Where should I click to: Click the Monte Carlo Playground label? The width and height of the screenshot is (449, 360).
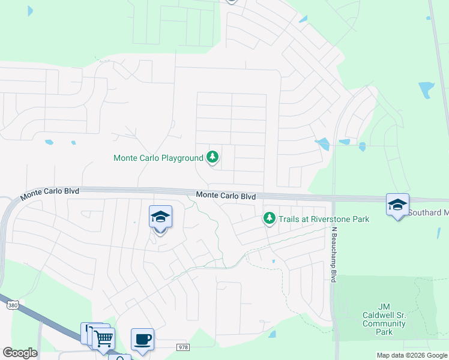(158, 158)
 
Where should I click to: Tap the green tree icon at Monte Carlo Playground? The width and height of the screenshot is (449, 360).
(212, 158)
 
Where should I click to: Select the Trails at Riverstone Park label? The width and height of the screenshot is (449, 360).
(324, 219)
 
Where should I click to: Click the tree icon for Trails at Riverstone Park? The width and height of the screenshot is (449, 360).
(270, 218)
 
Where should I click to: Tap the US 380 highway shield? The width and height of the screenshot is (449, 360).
(11, 305)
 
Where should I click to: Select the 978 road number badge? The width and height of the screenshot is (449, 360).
(183, 347)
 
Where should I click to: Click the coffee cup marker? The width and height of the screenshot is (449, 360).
(142, 340)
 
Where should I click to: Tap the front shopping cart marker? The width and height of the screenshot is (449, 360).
(103, 338)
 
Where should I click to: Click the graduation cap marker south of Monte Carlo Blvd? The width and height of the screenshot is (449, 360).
(160, 217)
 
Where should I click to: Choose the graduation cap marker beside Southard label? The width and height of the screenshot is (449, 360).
(397, 205)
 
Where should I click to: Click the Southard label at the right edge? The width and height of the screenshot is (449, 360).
(429, 212)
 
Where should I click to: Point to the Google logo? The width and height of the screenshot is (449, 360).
(19, 353)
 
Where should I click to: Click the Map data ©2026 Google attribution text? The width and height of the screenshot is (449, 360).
(412, 355)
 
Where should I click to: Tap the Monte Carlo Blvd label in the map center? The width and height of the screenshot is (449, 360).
(226, 196)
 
